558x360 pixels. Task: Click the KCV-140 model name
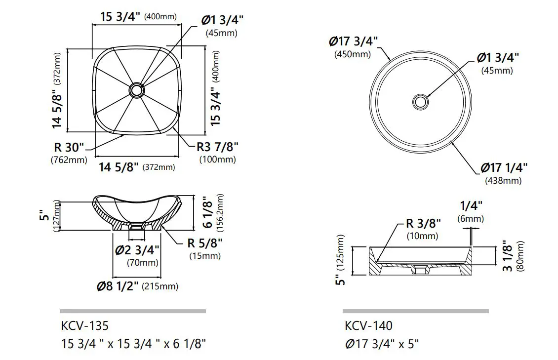(x=368, y=326)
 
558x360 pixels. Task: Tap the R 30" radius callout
(x=70, y=148)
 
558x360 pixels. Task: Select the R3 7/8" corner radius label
(x=217, y=147)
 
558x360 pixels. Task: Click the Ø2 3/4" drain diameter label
(x=138, y=250)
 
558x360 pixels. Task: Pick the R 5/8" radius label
(x=204, y=243)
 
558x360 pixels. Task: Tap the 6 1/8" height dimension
(x=208, y=213)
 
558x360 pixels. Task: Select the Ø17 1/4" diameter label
(x=504, y=168)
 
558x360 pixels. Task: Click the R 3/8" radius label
(x=423, y=223)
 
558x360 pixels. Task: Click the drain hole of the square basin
(x=136, y=90)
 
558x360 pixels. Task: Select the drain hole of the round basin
(x=420, y=102)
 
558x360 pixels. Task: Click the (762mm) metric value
(x=69, y=160)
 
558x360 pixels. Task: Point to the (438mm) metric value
(x=503, y=180)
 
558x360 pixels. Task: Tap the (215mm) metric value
(x=160, y=286)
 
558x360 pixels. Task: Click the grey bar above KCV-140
(x=415, y=311)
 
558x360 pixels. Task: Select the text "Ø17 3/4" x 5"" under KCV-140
(x=382, y=344)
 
